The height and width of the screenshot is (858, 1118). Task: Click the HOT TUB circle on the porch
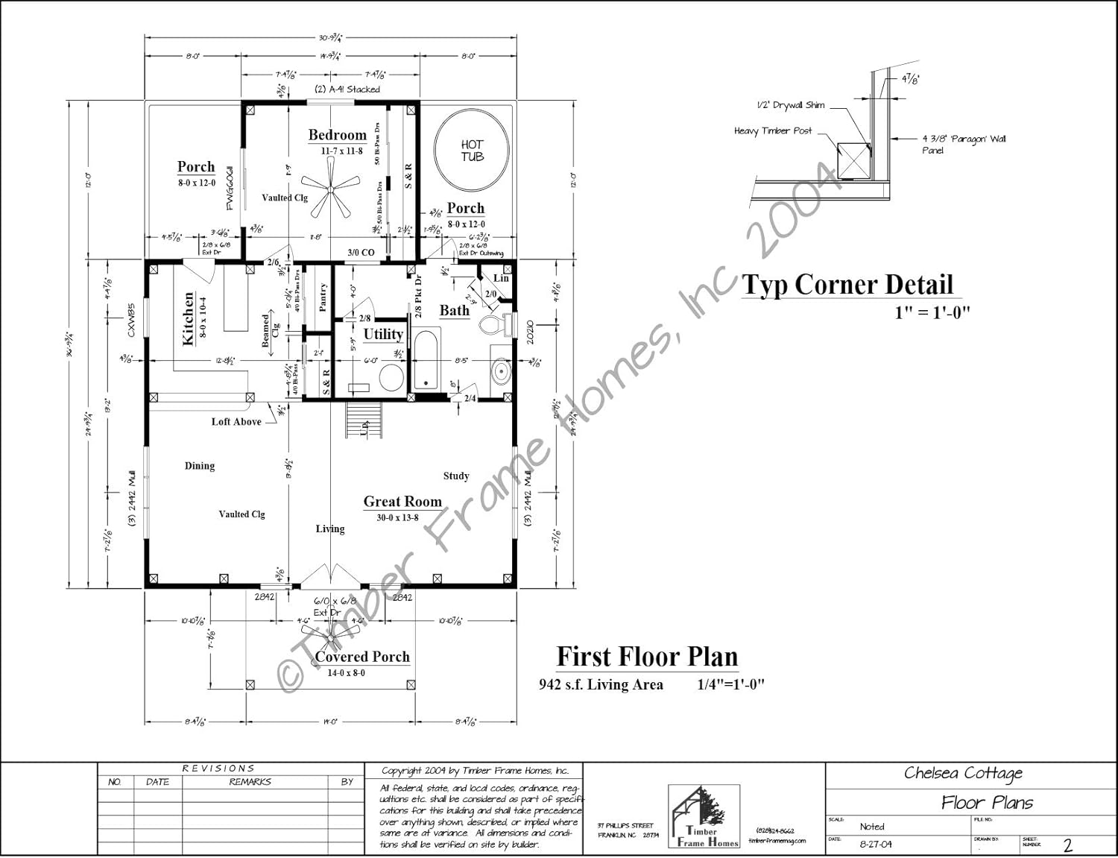(472, 151)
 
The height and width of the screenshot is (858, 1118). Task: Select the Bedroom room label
(338, 135)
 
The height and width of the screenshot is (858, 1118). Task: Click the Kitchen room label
(189, 318)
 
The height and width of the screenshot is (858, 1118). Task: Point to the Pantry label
(323, 297)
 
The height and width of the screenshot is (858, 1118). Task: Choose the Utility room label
(383, 334)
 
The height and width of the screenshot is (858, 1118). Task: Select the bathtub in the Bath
(426, 361)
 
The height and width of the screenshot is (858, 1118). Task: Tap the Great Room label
(402, 502)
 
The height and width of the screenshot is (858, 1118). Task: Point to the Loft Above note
(236, 422)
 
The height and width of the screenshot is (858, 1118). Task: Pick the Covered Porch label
(362, 657)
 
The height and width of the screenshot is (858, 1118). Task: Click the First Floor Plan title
(647, 657)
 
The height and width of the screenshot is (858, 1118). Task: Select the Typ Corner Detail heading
(847, 285)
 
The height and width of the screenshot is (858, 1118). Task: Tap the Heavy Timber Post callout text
(773, 131)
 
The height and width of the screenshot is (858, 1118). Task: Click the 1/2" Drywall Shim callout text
(790, 105)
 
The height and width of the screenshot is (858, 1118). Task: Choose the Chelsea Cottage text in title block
(963, 773)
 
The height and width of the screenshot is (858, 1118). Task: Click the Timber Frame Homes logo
(704, 817)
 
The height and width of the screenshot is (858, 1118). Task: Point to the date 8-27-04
(875, 845)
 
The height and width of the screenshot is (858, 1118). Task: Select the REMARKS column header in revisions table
(250, 782)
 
